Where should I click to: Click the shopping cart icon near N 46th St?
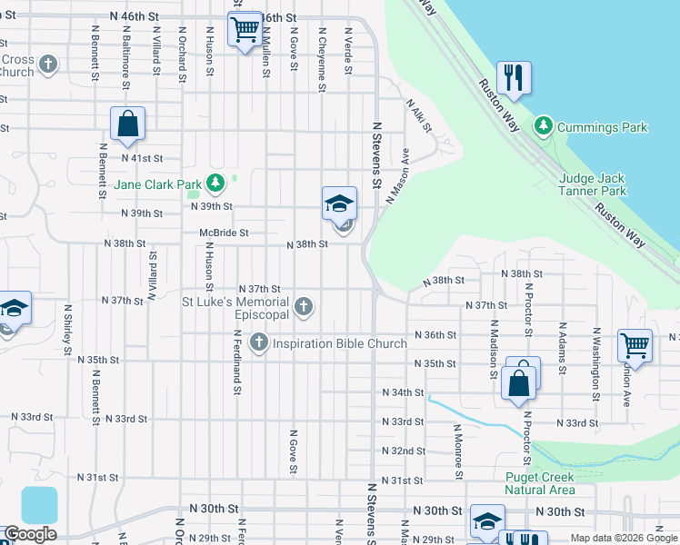point(245,31)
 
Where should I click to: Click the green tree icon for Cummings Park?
point(543,125)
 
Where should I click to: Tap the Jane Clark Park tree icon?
point(215,184)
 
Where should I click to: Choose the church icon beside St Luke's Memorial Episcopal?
point(304,308)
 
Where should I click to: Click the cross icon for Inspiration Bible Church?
point(259,342)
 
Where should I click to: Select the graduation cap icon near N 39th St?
point(339,203)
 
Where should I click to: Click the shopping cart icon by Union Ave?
point(635,345)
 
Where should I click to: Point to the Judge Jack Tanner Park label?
point(593,184)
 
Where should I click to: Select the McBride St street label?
point(224,233)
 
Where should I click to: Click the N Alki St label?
point(418,115)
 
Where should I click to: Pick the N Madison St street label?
point(494,348)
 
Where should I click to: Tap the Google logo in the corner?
point(30,534)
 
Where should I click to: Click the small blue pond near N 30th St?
point(39,505)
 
